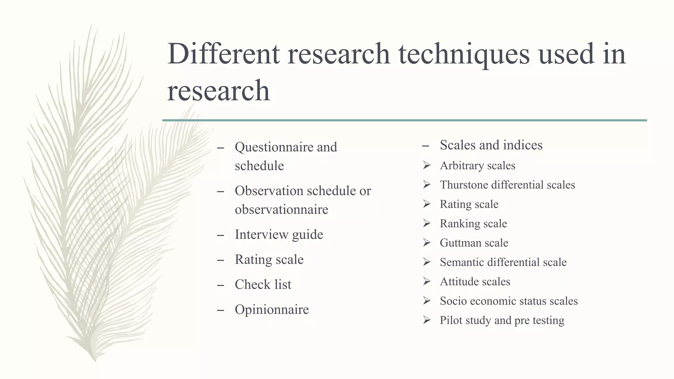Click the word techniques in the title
click(464, 54)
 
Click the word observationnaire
click(281, 210)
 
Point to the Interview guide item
click(279, 235)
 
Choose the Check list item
click(263, 285)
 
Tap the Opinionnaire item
click(272, 310)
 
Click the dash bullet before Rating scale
click(220, 260)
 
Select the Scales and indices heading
click(491, 145)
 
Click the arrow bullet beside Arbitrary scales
click(427, 165)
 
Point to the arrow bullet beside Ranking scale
click(427, 223)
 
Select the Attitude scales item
click(475, 282)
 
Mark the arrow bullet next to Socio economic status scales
click(427, 301)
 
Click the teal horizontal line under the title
click(404, 120)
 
